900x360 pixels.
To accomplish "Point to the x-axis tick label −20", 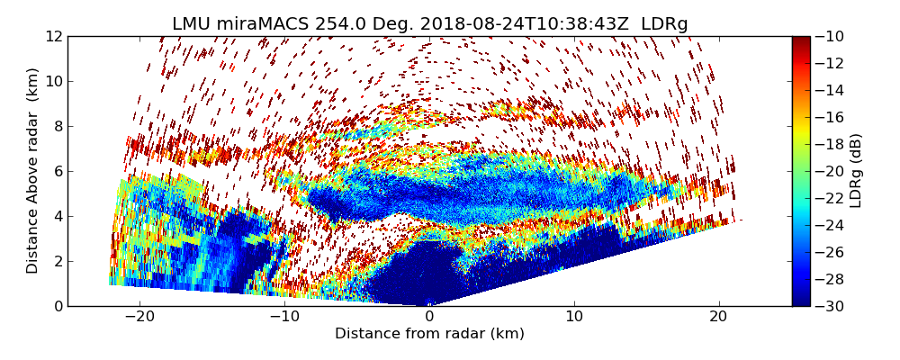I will click(x=139, y=318).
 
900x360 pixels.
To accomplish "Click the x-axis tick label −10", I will click(x=284, y=318).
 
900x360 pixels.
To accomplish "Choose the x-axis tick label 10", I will click(x=574, y=318).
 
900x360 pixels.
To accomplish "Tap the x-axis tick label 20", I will click(x=719, y=318).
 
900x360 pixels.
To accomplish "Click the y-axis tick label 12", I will click(x=53, y=36).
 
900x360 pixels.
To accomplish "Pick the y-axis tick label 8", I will click(x=57, y=126).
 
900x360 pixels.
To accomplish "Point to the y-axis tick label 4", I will click(x=57, y=216).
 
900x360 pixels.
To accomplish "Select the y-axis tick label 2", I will click(x=57, y=261).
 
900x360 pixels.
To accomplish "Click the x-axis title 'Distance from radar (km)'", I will click(x=429, y=334).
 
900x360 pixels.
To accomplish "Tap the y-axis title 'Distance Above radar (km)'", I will click(x=33, y=170).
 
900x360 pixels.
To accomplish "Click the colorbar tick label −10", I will click(x=831, y=36).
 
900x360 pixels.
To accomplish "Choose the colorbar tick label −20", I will click(x=831, y=171).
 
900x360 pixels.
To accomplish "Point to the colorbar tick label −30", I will click(x=831, y=306).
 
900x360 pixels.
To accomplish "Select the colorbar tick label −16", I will click(x=831, y=117).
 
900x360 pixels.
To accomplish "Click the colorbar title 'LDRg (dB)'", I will click(x=856, y=170).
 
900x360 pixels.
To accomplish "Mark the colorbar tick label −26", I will click(x=831, y=252).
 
